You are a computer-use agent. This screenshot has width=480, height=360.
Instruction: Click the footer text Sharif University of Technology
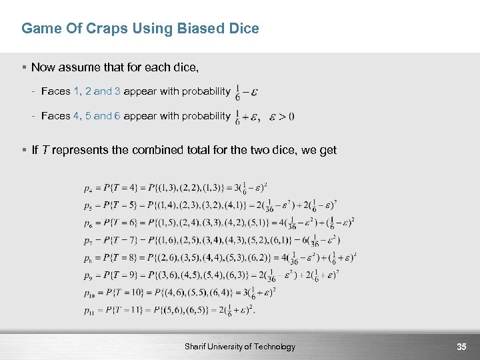pos(239,347)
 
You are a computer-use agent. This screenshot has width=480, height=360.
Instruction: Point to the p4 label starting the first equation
pos(88,189)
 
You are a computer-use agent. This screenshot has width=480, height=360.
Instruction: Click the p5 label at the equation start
pos(88,206)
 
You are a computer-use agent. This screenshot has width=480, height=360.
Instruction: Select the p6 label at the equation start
pos(88,223)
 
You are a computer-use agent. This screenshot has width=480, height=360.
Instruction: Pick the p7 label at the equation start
pos(88,241)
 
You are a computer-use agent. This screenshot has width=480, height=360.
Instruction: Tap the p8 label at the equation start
pos(88,258)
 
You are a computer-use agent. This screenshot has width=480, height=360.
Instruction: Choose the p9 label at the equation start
pos(88,275)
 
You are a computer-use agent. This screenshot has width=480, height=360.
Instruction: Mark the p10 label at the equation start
pos(89,293)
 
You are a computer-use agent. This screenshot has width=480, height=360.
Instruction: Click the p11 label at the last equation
pos(89,310)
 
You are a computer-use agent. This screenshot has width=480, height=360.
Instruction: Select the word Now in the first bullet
pos(43,67)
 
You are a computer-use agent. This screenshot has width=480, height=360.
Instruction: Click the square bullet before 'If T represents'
pos(24,150)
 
